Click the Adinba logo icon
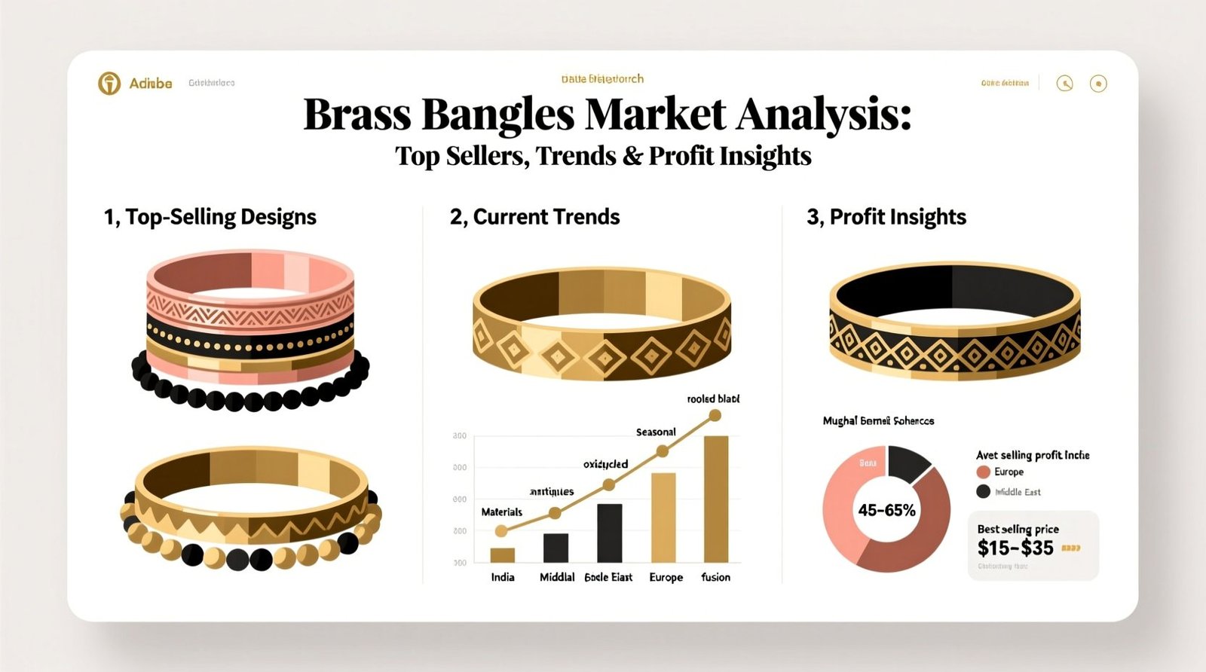109,83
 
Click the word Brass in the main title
357,115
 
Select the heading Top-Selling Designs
220,217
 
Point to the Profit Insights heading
897,217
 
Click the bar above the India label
502,555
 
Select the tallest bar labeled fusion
715,499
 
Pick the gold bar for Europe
663,518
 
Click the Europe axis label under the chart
666,577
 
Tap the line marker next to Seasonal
662,451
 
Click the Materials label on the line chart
501,512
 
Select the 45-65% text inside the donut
886,510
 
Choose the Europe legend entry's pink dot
983,472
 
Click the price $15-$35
1015,548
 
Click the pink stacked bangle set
249,324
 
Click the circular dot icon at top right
1098,84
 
